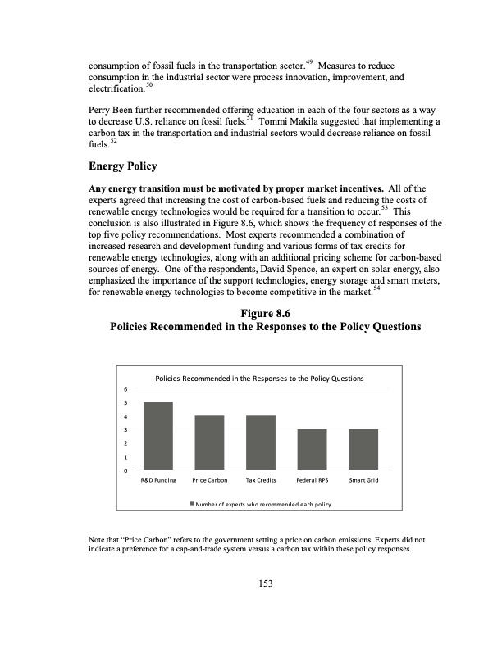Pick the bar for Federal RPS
pyautogui.click(x=312, y=449)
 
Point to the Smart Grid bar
pyautogui.click(x=363, y=449)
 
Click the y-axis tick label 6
pyautogui.click(x=125, y=389)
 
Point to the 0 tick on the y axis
pyautogui.click(x=125, y=470)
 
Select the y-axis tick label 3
pyautogui.click(x=125, y=429)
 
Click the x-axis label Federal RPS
pyautogui.click(x=312, y=479)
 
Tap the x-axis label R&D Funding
pyautogui.click(x=158, y=479)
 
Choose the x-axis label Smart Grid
pyautogui.click(x=363, y=479)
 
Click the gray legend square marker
pyautogui.click(x=193, y=503)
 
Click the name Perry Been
pyautogui.click(x=112, y=108)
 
